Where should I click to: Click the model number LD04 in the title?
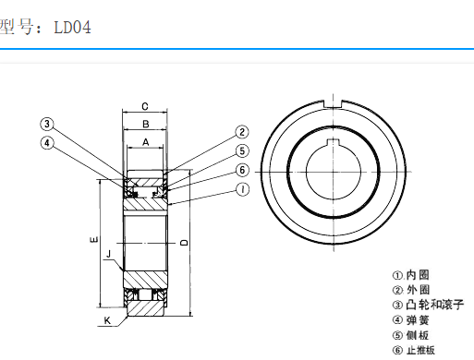[73, 28]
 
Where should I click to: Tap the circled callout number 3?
[47, 124]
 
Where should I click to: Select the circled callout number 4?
[47, 143]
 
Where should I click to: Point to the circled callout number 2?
[242, 132]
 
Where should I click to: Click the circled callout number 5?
[242, 151]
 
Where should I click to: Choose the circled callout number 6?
[242, 170]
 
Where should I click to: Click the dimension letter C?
[145, 106]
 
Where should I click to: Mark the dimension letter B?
[146, 124]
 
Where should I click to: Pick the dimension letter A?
[145, 142]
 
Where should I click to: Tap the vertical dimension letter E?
[94, 239]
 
